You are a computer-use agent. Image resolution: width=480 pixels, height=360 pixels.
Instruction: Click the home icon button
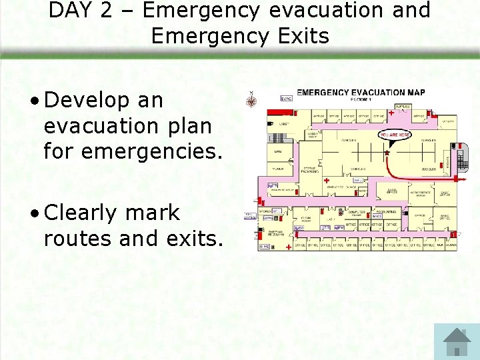coord(457,341)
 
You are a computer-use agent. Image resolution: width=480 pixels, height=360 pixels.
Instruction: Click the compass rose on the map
coord(252,101)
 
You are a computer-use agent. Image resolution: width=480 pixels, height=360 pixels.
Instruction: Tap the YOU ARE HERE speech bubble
coord(395,135)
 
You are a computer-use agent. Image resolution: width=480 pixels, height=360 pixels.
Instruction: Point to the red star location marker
coord(386,153)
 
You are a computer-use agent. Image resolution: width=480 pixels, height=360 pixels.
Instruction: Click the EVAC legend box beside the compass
coord(286,99)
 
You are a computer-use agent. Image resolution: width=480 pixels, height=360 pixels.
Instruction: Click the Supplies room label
coord(403,107)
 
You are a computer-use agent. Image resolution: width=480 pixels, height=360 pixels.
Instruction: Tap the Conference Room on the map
coord(421,193)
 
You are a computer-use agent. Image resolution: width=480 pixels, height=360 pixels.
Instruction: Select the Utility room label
coord(447,122)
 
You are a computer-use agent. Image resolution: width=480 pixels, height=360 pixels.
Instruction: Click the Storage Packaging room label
coord(310,170)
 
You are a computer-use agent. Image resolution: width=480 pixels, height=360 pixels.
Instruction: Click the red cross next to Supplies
coord(391,113)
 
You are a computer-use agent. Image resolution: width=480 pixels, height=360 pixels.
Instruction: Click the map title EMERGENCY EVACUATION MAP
coord(361,92)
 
